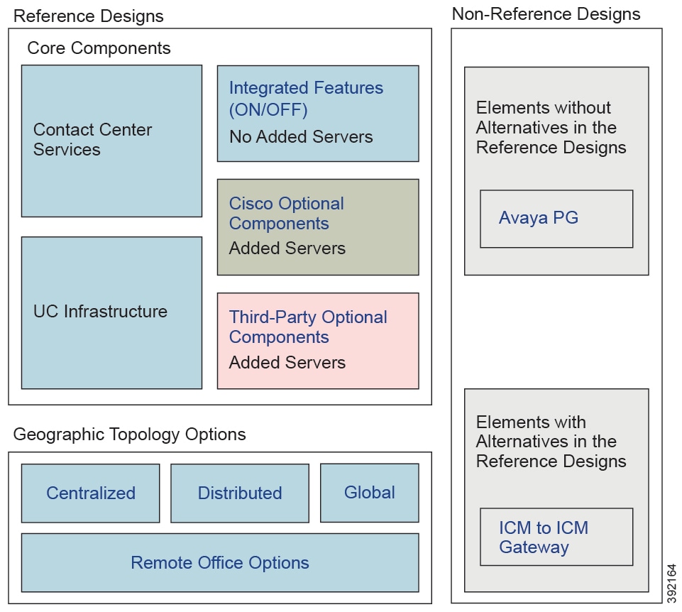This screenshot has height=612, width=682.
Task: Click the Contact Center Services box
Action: click(x=111, y=141)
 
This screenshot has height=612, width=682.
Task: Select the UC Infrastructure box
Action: click(x=111, y=312)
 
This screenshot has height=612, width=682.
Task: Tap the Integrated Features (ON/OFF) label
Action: click(x=306, y=99)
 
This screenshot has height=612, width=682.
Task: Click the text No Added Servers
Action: click(x=301, y=137)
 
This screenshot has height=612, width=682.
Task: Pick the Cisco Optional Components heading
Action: click(x=286, y=214)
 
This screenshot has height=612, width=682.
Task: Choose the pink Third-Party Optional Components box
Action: click(x=317, y=341)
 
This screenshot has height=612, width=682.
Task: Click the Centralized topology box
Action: click(x=90, y=493)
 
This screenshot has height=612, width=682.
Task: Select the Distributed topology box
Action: click(x=240, y=493)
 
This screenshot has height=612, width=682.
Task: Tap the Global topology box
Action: click(x=369, y=492)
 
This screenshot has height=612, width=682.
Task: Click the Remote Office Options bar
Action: click(x=220, y=563)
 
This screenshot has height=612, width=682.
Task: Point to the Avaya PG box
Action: click(x=556, y=218)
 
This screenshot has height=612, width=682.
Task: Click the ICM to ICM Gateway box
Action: click(x=556, y=537)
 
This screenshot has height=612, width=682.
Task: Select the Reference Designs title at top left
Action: click(x=89, y=16)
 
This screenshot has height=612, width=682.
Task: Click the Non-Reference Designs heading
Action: click(x=546, y=13)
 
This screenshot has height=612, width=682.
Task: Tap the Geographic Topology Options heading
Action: click(x=130, y=434)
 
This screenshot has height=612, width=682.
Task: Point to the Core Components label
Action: click(x=99, y=48)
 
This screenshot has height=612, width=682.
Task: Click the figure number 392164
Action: click(x=672, y=581)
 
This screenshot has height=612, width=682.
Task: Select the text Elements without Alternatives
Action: click(x=551, y=128)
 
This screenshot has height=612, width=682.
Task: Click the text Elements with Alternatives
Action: click(x=551, y=442)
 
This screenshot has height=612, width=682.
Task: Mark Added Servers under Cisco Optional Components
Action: click(x=287, y=248)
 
